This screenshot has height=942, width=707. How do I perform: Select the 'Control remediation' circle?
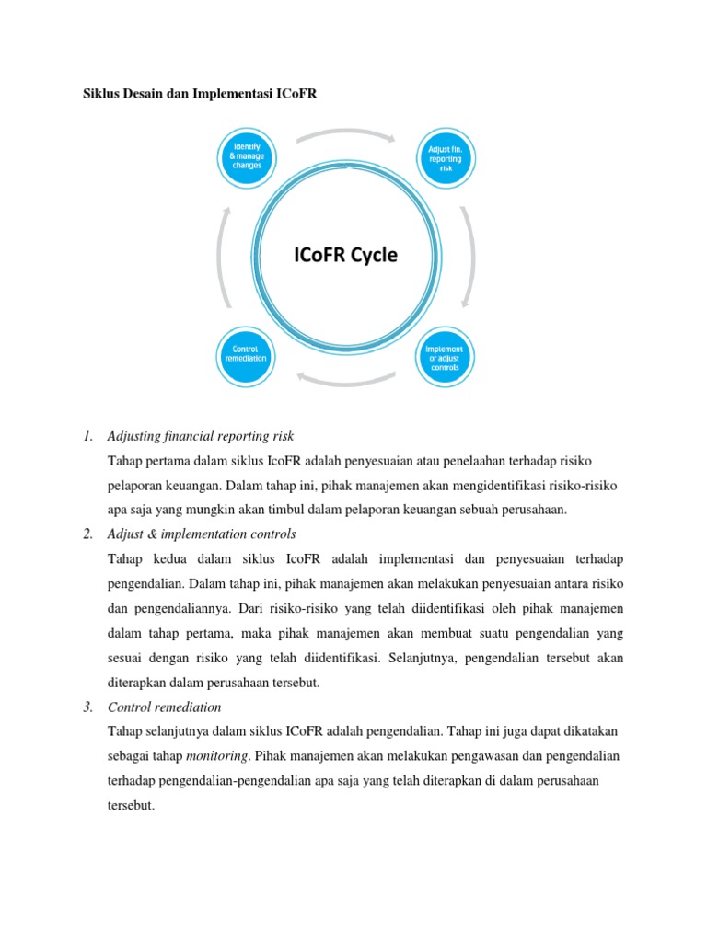coord(247,354)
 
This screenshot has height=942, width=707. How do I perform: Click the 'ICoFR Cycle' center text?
coord(346,255)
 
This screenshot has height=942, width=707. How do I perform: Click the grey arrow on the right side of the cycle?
coord(468,256)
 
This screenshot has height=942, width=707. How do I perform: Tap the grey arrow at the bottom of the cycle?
coord(346,377)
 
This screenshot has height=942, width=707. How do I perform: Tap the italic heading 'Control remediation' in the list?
coord(165,707)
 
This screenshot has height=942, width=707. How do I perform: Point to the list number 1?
coord(88,435)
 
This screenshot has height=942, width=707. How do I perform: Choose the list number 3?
coord(88,707)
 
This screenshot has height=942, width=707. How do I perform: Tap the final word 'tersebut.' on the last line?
coord(133,803)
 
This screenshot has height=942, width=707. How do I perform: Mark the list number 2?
coord(88,534)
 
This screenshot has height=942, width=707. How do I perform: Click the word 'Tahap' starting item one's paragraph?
coord(126,459)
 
